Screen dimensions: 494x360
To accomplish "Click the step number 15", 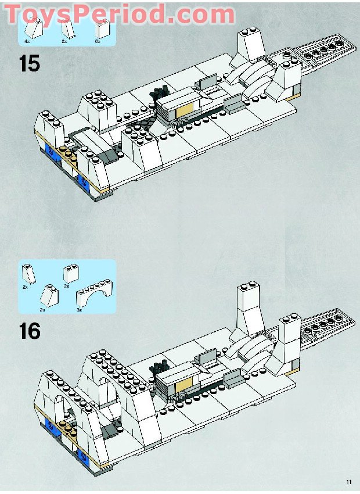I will [x=29, y=63].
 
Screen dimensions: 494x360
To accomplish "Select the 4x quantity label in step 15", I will [x=27, y=41].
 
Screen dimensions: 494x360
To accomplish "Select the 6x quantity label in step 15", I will [x=98, y=41].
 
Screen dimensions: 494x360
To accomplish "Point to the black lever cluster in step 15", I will [x=160, y=94].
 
